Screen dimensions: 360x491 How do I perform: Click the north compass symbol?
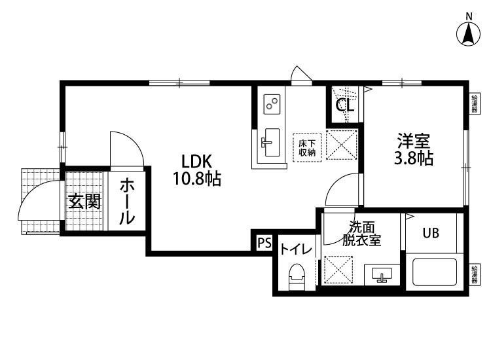[x=469, y=34]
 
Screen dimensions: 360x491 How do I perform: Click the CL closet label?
[x=345, y=105]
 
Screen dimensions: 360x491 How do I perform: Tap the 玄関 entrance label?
[x=84, y=201]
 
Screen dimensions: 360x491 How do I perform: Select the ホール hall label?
[x=127, y=202]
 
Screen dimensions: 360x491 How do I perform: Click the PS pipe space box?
[x=264, y=243]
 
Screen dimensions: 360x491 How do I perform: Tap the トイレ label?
[x=296, y=249]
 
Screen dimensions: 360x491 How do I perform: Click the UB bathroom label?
[x=430, y=232]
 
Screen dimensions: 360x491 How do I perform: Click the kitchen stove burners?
[x=272, y=103]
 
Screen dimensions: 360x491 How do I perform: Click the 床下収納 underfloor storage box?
[x=307, y=147]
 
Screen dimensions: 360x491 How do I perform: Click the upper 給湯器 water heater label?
[x=474, y=104]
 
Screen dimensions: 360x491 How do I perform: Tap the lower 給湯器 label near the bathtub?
[x=474, y=274]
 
